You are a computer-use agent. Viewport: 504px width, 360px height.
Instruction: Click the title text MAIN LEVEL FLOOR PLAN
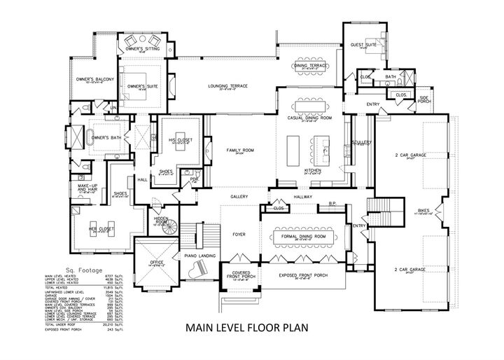[x=251, y=326]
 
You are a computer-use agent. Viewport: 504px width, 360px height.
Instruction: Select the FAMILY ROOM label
[x=239, y=151]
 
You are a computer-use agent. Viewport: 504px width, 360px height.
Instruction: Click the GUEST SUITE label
[x=363, y=44]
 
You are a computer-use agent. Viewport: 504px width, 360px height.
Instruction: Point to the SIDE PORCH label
[x=424, y=99]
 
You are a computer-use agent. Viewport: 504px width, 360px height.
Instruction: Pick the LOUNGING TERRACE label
[x=228, y=86]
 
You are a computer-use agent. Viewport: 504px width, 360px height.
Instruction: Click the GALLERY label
[x=239, y=197]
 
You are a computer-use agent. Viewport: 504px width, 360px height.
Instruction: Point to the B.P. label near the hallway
[x=333, y=203]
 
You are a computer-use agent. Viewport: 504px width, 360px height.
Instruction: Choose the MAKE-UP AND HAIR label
[x=87, y=188]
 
